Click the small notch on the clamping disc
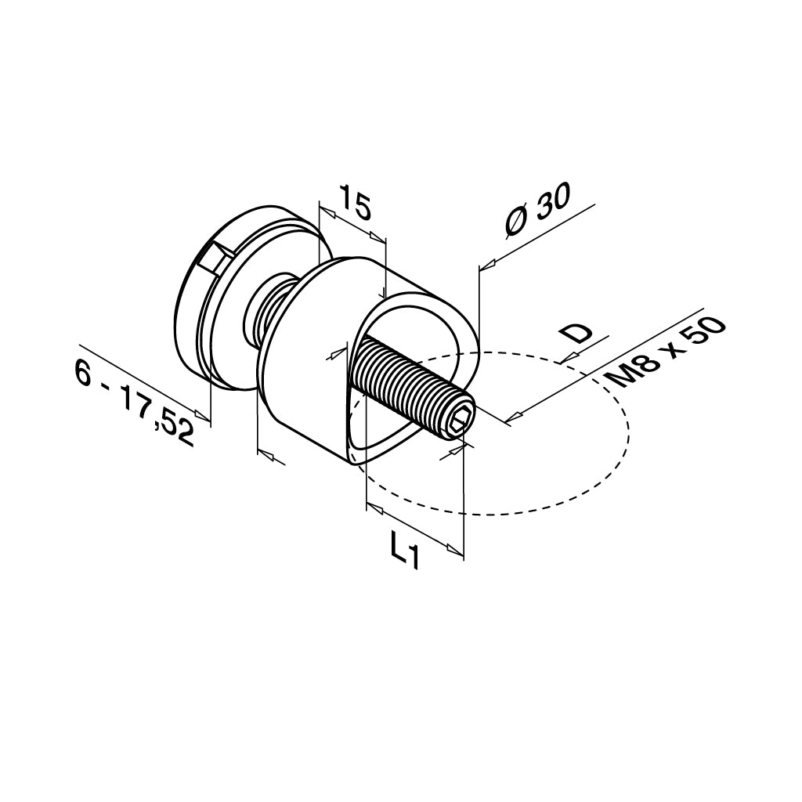(x=212, y=258)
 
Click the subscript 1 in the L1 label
(x=414, y=558)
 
